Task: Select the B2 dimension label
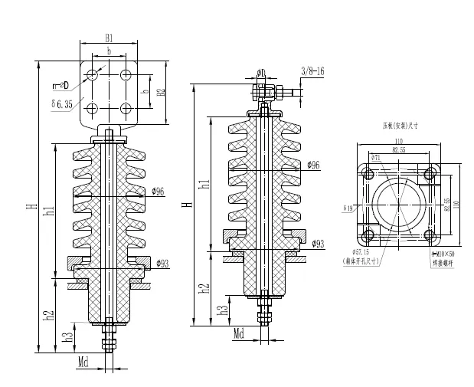tap(162, 93)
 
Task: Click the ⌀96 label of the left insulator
tap(159, 192)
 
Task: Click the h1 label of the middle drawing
tap(204, 184)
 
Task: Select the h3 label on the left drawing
tap(68, 334)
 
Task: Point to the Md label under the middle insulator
tap(238, 334)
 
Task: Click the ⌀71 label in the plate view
tap(376, 158)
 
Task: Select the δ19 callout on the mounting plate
tap(348, 208)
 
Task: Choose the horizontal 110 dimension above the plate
tap(398, 143)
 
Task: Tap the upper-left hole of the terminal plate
tap(92, 75)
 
